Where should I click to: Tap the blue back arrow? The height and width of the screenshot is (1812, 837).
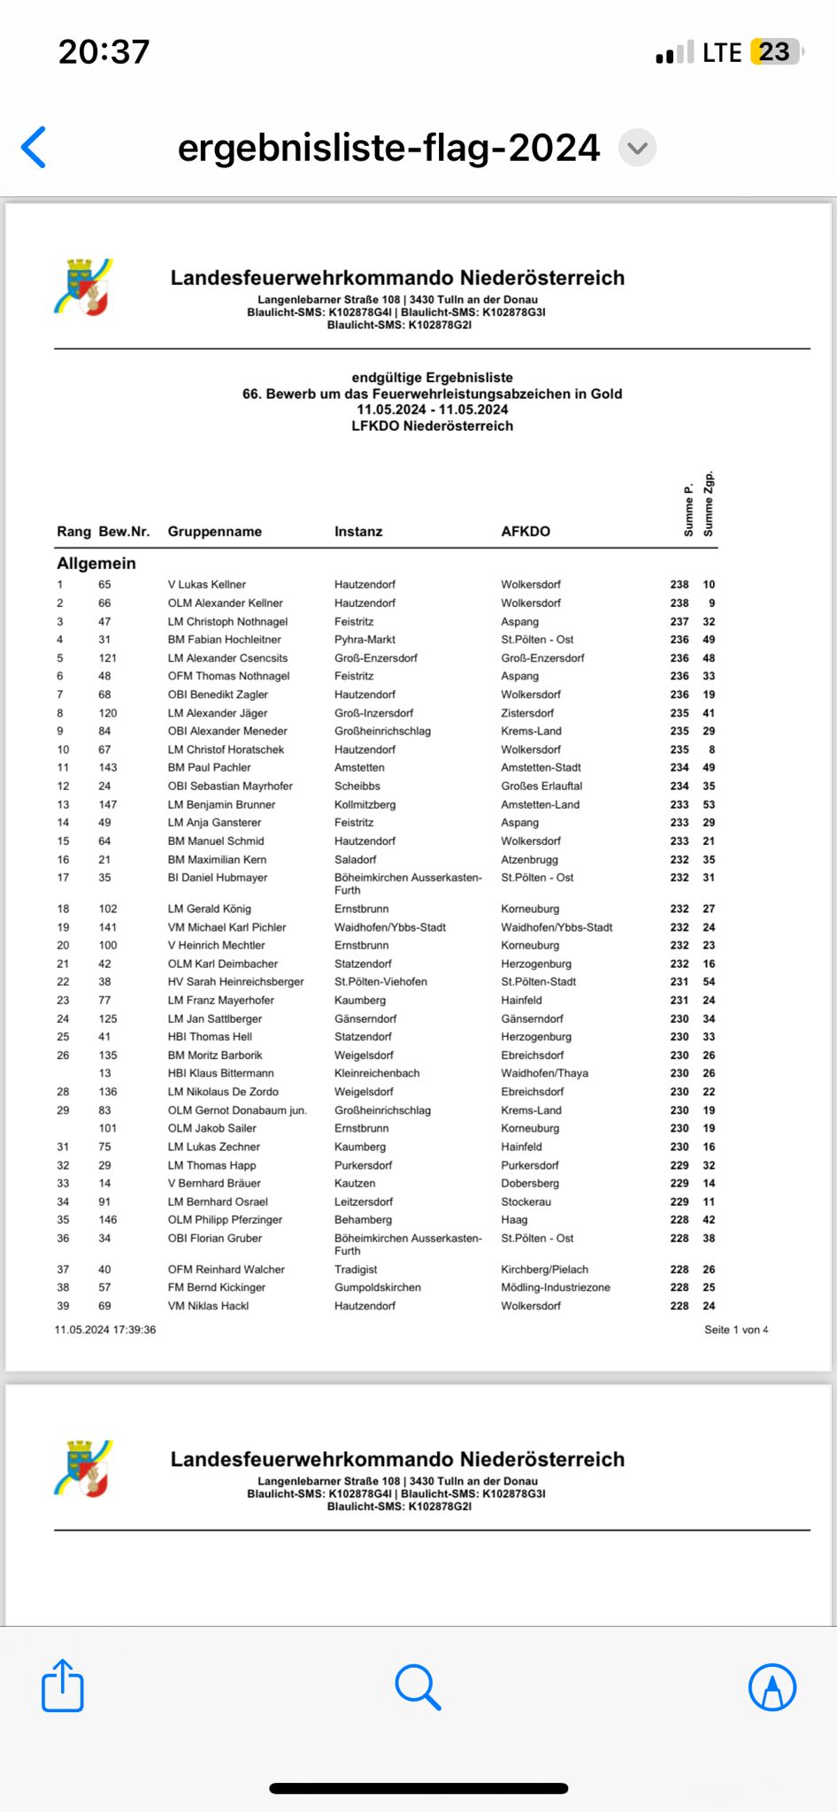(34, 147)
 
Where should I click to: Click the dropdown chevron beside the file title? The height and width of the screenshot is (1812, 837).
(637, 147)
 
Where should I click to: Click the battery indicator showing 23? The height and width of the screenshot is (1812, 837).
(775, 52)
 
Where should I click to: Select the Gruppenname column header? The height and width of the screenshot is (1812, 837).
(215, 531)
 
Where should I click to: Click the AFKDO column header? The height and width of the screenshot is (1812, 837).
(526, 531)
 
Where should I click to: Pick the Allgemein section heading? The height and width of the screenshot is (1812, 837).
(96, 563)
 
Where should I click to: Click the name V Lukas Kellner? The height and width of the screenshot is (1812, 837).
(207, 584)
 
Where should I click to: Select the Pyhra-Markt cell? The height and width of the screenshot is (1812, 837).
(365, 639)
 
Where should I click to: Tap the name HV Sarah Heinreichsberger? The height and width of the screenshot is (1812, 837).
(235, 981)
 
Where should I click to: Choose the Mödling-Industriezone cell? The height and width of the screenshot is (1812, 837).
(556, 1287)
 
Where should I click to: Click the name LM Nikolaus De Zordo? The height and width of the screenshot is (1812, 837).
(223, 1092)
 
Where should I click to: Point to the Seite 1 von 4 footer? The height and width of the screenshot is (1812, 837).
(736, 1330)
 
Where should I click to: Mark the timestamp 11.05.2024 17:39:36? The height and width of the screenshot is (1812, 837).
(105, 1330)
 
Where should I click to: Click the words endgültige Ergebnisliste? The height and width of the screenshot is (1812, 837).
(432, 377)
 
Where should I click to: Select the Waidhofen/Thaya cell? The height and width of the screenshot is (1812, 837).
(544, 1073)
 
